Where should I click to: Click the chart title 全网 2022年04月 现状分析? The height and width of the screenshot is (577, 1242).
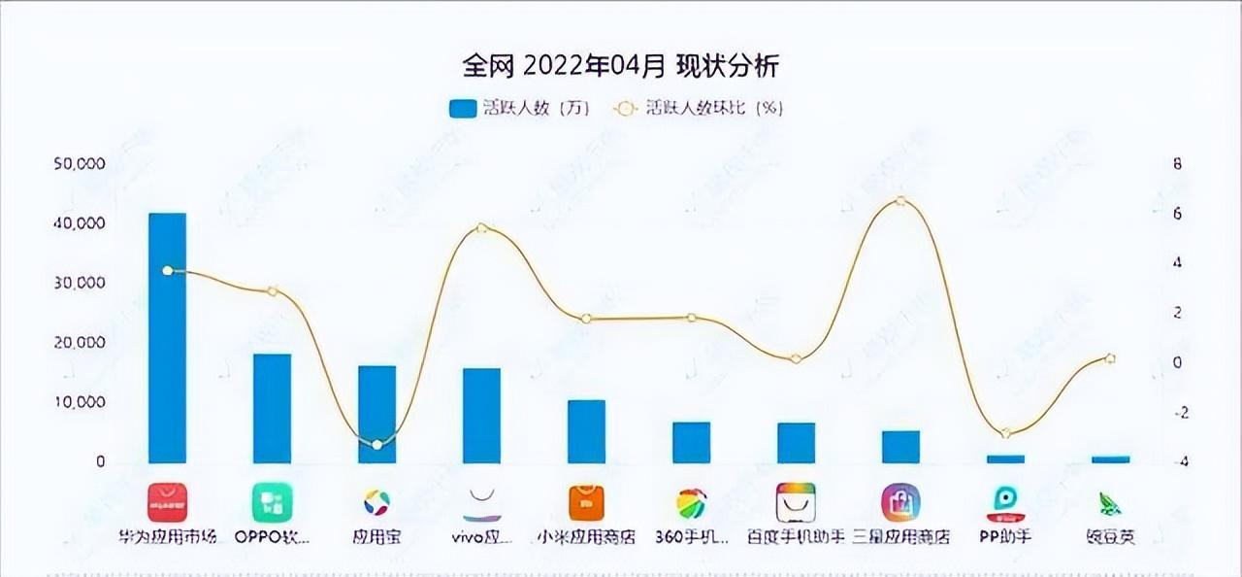pyautogui.click(x=621, y=66)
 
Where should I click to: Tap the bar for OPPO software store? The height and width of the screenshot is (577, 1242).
pyautogui.click(x=272, y=408)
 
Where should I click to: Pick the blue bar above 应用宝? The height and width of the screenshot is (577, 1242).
pyautogui.click(x=376, y=414)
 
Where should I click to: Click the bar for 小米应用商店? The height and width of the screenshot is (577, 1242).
pyautogui.click(x=586, y=431)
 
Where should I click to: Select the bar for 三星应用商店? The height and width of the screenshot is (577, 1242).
pyautogui.click(x=900, y=447)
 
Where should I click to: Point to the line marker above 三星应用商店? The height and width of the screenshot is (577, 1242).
pyautogui.click(x=901, y=201)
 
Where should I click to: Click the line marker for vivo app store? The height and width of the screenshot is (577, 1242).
pyautogui.click(x=482, y=228)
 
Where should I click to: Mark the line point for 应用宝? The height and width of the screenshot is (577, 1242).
pyautogui.click(x=377, y=444)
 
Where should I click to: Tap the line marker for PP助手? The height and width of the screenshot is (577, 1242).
pyautogui.click(x=1006, y=433)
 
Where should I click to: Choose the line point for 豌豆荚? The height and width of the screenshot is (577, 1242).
pyautogui.click(x=1111, y=358)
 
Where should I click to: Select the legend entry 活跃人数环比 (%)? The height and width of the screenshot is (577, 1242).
pyautogui.click(x=699, y=108)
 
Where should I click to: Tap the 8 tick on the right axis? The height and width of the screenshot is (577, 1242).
pyautogui.click(x=1178, y=164)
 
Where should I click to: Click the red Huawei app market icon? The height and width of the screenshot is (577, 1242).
pyautogui.click(x=167, y=502)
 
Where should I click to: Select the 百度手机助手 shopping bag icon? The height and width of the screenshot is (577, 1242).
pyautogui.click(x=796, y=502)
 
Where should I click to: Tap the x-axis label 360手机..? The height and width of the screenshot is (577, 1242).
pyautogui.click(x=691, y=536)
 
